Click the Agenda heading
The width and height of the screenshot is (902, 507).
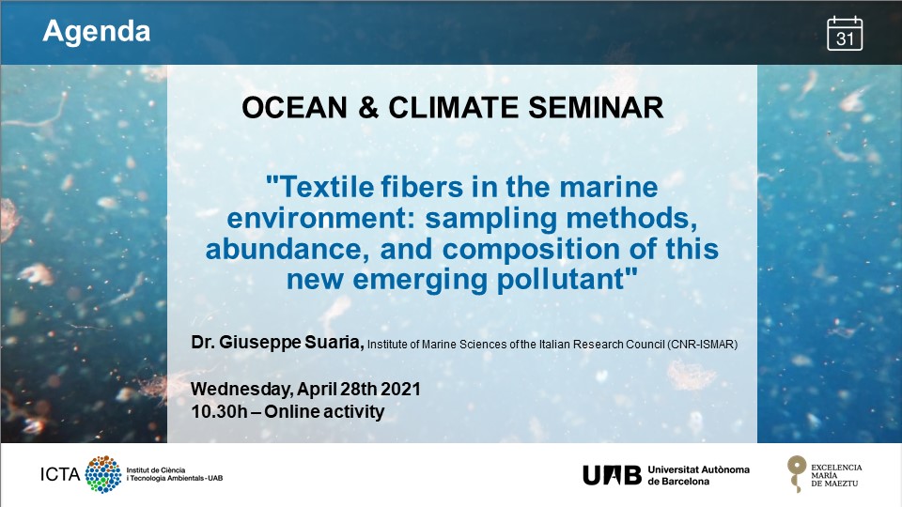pyautogui.click(x=97, y=32)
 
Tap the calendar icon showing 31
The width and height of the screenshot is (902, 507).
pyautogui.click(x=845, y=34)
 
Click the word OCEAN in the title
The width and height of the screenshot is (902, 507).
pyautogui.click(x=294, y=107)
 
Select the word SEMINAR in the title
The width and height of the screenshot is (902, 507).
pyautogui.click(x=596, y=107)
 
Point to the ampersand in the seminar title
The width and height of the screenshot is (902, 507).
pyautogui.click(x=368, y=107)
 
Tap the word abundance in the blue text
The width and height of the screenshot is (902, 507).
pyautogui.click(x=288, y=250)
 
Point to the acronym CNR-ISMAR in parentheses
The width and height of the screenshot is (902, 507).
pyautogui.click(x=702, y=345)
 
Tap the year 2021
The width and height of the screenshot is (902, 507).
pyautogui.click(x=400, y=389)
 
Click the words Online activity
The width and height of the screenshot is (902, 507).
pyautogui.click(x=324, y=411)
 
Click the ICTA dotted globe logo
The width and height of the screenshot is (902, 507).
pyautogui.click(x=103, y=474)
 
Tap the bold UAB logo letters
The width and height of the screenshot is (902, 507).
pyautogui.click(x=612, y=475)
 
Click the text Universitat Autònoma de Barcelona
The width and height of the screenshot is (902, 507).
pyautogui.click(x=698, y=475)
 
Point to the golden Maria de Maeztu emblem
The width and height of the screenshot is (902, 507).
pyautogui.click(x=796, y=473)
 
